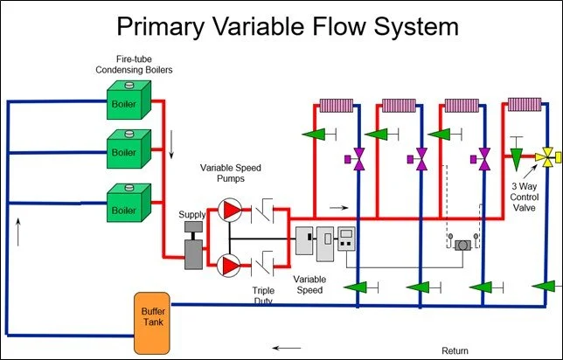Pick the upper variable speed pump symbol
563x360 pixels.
pyautogui.click(x=231, y=209)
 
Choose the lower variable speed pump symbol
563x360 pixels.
pyautogui.click(x=231, y=264)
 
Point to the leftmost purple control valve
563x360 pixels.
pyautogui.click(x=358, y=159)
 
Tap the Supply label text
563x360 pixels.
pyautogui.click(x=192, y=214)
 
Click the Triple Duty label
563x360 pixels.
pyautogui.click(x=263, y=294)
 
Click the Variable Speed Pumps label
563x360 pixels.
pyautogui.click(x=232, y=172)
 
